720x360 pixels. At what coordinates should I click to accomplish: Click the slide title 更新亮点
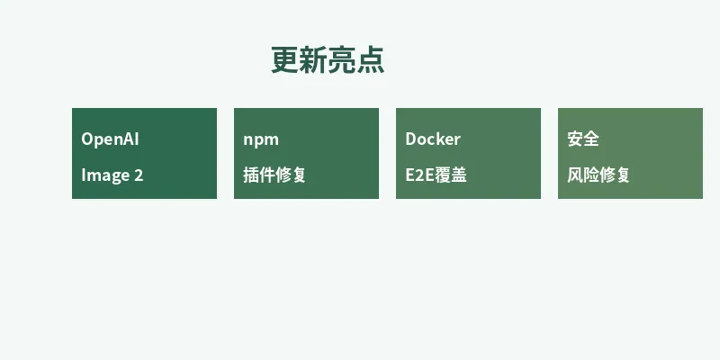pos(328,60)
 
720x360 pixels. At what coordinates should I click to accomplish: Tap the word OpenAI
pos(110,139)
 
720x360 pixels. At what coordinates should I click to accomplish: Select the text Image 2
pos(112,175)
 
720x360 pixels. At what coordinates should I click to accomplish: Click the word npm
pos(261,139)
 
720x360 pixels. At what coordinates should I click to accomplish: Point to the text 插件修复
pos(274,175)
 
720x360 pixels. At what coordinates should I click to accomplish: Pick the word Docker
pos(433,139)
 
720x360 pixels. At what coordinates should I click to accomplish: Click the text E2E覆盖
pos(436,175)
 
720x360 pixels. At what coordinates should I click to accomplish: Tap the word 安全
pos(583,139)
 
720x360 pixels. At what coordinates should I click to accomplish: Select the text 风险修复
pos(598,175)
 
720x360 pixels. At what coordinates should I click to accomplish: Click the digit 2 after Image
pos(138,175)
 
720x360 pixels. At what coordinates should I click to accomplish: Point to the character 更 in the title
pos(285,60)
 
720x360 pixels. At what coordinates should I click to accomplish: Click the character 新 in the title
pos(314,60)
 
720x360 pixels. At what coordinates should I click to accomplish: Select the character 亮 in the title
pos(342,60)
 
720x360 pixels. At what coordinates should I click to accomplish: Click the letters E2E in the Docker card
pos(420,175)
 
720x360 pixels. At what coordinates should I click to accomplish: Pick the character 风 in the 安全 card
pos(575,175)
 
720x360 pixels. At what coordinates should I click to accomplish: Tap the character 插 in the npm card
pos(251,175)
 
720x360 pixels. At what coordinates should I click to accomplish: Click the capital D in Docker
pos(410,139)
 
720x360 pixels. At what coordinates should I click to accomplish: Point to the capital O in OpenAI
pos(87,139)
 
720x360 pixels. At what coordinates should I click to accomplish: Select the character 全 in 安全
pos(591,139)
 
